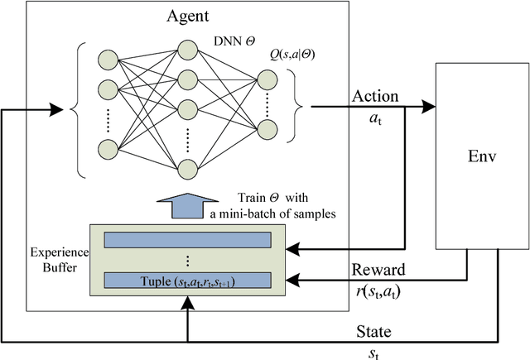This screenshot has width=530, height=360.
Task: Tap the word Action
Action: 375,96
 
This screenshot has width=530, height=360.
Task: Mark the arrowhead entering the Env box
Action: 429,106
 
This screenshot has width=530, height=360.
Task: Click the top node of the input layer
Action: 108,60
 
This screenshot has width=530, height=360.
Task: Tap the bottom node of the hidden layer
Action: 189,169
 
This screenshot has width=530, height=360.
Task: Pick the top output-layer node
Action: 267,79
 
